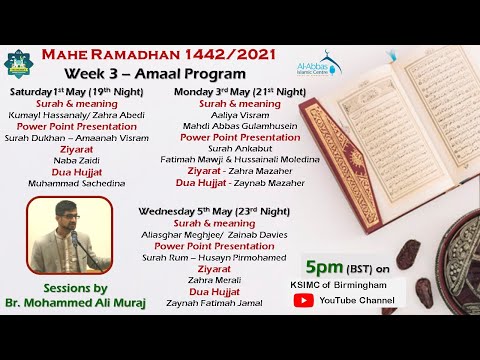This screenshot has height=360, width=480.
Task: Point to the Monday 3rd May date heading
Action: (x=239, y=91)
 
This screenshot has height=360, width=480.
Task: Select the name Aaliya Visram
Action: (x=239, y=115)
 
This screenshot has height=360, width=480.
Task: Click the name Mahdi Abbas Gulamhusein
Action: (x=239, y=127)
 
